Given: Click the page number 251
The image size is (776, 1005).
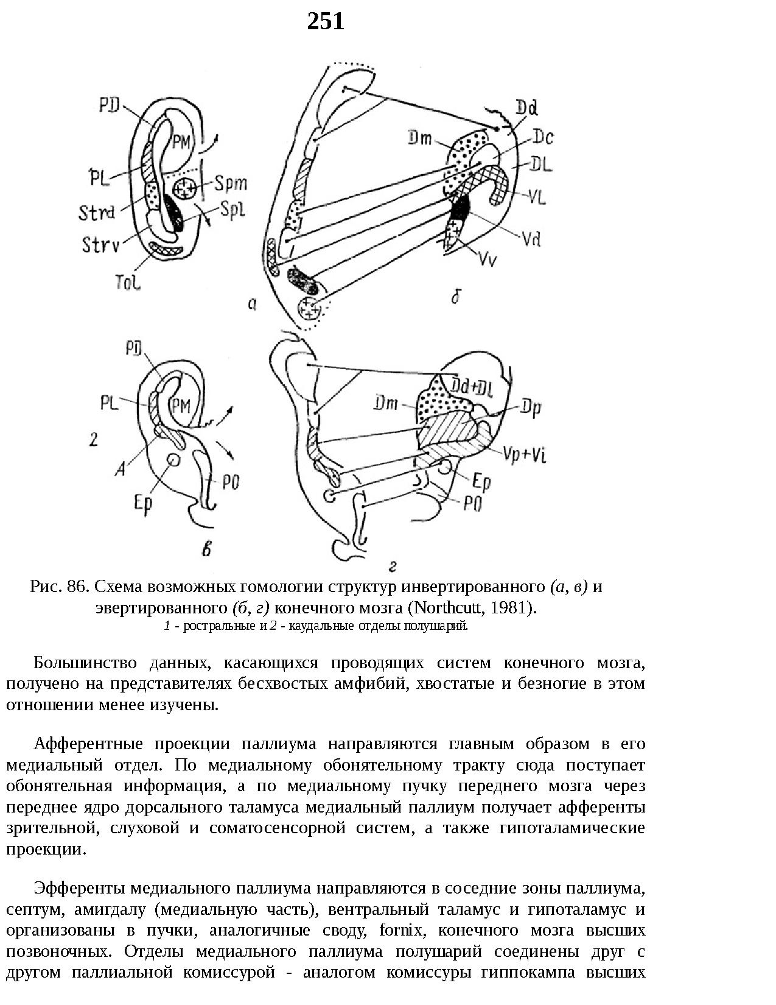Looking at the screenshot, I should coord(326,22).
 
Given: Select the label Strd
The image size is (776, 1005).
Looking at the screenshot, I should coord(97,213).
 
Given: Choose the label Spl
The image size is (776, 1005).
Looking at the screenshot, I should coord(232,210).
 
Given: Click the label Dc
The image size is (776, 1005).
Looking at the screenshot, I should coord(542,138).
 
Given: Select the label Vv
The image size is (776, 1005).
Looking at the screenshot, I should coord(488,260).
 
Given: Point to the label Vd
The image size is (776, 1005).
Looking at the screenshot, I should coord(531,239).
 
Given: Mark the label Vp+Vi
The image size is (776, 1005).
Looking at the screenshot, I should coord(525,454).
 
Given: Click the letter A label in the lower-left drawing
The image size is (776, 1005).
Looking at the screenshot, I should coord(121,468).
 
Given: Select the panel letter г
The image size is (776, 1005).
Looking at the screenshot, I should coord(393,566).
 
